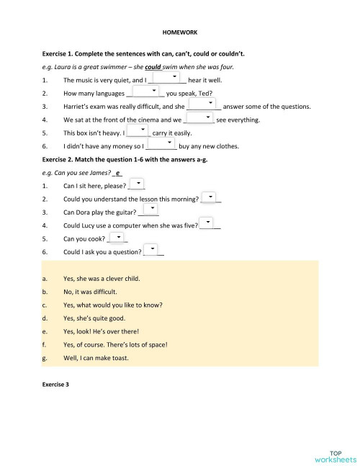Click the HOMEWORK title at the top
(x=180, y=33)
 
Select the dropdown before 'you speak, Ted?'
(x=147, y=90)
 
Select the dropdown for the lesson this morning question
(x=210, y=196)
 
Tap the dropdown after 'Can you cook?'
(x=117, y=237)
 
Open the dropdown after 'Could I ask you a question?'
(x=153, y=249)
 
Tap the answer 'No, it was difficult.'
(x=90, y=292)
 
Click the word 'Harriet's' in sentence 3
(x=80, y=107)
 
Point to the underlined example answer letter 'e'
(x=117, y=174)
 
